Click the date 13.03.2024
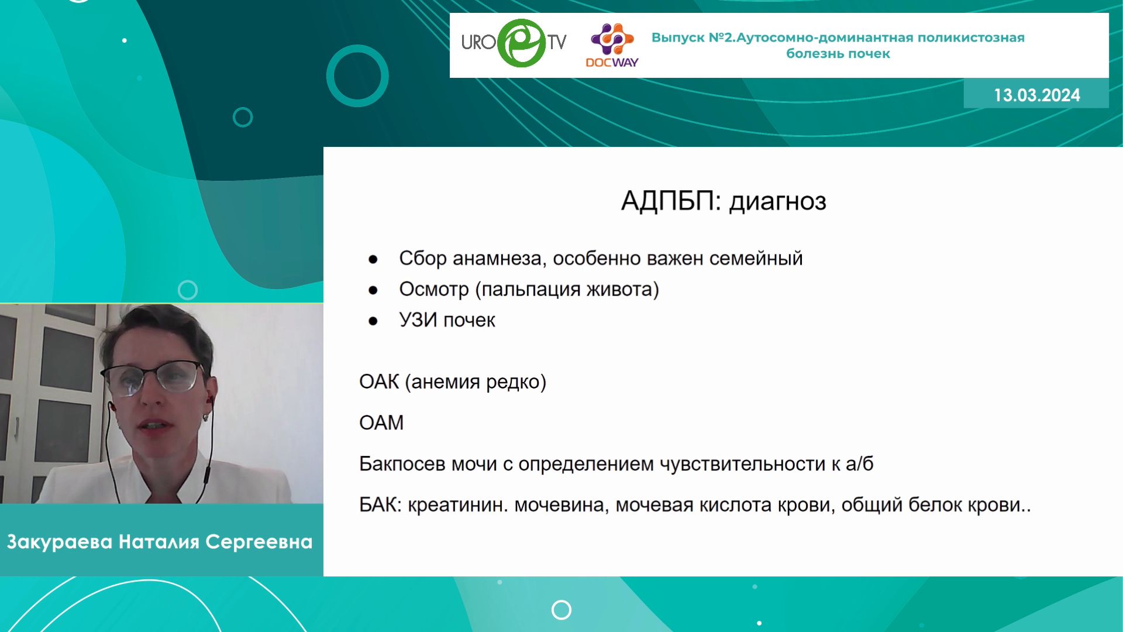1036,95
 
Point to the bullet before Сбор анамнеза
373,259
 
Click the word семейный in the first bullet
756,258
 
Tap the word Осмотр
434,289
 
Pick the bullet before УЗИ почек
373,321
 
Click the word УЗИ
418,320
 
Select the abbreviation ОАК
379,382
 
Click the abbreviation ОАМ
381,423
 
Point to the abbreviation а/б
860,463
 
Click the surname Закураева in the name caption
60,542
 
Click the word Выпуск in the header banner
678,37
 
